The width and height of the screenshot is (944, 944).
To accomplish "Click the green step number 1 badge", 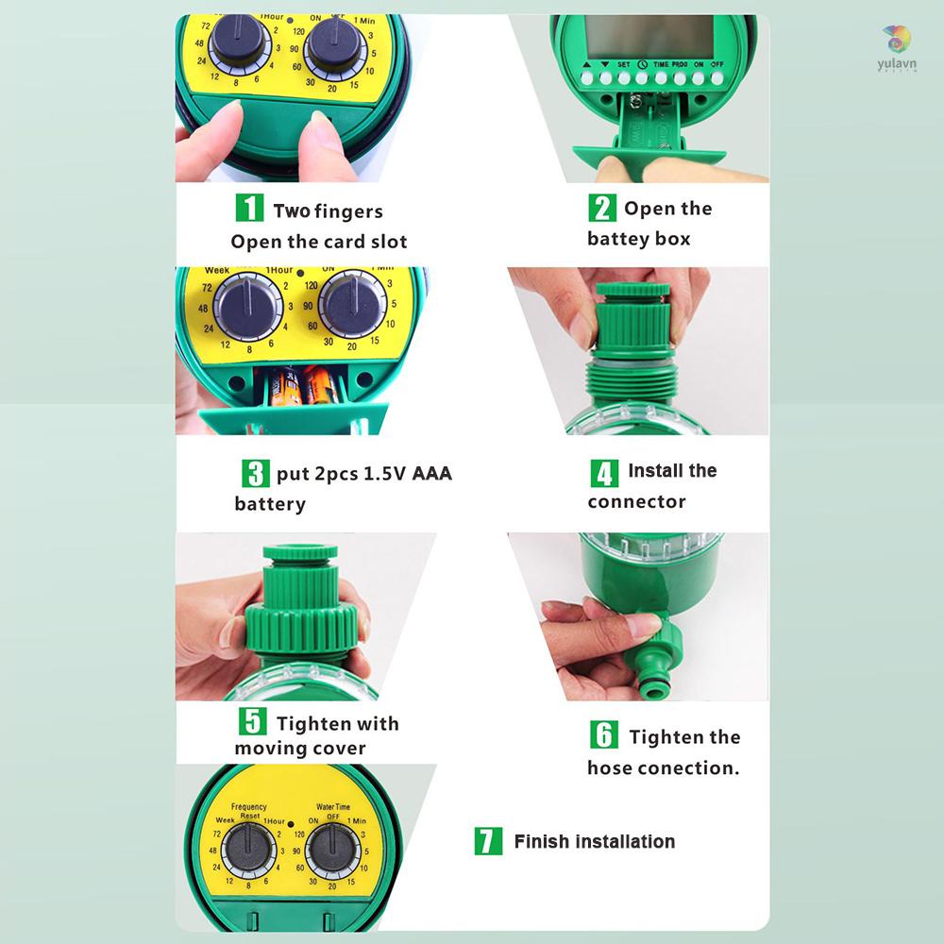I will point(248,209).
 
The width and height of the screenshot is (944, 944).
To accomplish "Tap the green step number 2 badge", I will point(602,208).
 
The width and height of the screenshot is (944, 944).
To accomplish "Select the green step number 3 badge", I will point(255,472).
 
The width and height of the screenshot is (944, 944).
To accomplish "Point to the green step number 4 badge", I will point(604,472).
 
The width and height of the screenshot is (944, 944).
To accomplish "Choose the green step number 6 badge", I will point(604,735).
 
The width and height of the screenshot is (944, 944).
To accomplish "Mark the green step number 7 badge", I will point(487,841).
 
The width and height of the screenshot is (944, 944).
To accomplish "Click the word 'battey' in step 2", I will point(614,239).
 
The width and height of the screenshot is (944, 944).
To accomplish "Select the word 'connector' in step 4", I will point(636,501).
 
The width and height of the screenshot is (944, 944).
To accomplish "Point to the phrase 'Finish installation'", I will point(595,841).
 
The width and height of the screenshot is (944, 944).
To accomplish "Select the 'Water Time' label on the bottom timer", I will point(332,807).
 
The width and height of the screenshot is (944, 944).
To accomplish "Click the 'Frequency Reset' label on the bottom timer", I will point(248,811).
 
